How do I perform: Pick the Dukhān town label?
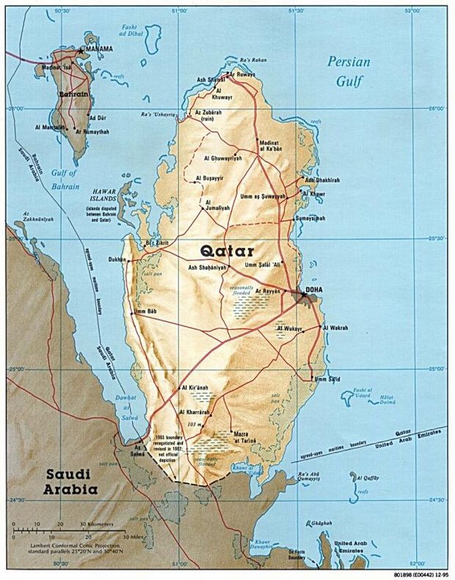pyautogui.click(x=117, y=259)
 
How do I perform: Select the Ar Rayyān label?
pyautogui.click(x=269, y=291)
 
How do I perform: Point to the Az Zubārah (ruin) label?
pyautogui.click(x=209, y=115)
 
